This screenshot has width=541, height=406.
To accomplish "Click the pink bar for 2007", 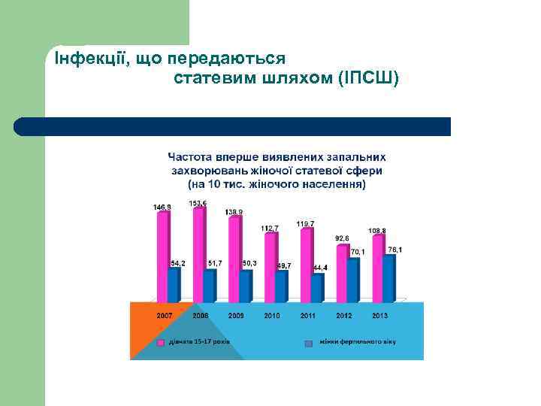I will click(x=162, y=256).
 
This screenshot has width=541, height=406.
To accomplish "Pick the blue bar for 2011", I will click(x=317, y=286).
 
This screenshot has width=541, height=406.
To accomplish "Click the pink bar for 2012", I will click(x=342, y=272).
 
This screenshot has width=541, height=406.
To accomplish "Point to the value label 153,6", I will click(x=198, y=204).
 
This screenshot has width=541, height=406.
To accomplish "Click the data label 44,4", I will click(x=321, y=268).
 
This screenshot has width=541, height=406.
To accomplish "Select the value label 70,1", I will click(x=358, y=252).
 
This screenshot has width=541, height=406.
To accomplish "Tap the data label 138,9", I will click(x=234, y=212).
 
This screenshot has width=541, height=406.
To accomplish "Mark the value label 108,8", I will click(x=377, y=230).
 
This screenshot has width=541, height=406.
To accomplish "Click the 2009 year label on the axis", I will click(x=236, y=316).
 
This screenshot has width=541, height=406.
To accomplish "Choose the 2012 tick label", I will click(x=343, y=316).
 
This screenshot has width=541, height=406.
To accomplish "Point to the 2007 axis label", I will click(x=165, y=316).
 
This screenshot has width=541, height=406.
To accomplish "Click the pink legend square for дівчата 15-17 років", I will click(x=161, y=343).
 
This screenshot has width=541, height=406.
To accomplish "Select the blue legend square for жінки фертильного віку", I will click(x=308, y=343).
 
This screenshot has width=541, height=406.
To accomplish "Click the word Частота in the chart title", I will click(x=191, y=157).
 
